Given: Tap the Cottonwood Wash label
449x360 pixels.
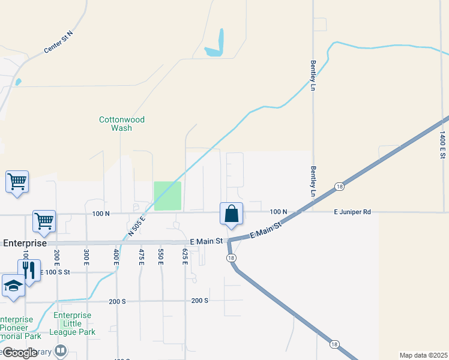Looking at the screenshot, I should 122,124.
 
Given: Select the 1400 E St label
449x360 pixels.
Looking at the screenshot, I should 442,145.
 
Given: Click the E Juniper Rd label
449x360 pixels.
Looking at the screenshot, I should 353,212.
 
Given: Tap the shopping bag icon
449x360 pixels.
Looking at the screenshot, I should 232,214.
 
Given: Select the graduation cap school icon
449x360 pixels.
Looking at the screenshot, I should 13,286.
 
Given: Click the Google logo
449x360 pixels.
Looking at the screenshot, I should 19,353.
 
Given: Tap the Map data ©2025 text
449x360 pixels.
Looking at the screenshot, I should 423,355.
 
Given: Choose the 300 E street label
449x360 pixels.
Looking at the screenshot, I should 86,256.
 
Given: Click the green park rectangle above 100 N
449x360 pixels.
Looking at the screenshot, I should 167,196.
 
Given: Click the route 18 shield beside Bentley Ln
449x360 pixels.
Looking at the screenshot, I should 339,187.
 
